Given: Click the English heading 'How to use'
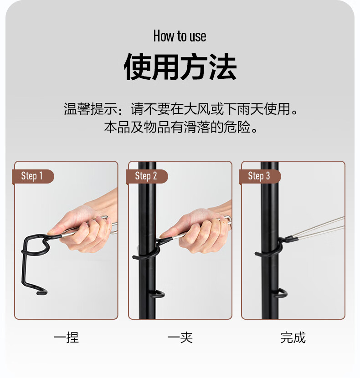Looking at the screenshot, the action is click(180, 36).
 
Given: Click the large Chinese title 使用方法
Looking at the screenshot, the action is click(180, 67).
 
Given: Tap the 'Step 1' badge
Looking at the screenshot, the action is click(33, 176).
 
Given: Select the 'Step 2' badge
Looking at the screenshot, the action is click(147, 176).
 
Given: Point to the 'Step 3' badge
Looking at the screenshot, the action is click(260, 176).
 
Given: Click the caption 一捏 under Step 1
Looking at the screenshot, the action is click(66, 337).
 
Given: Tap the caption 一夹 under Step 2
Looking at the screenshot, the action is click(180, 337).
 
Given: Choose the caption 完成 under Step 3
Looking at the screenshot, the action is click(293, 337).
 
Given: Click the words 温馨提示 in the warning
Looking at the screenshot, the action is click(91, 109).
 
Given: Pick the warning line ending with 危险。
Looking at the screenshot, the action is click(181, 127).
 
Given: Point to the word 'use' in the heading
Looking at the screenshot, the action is click(198, 37).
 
